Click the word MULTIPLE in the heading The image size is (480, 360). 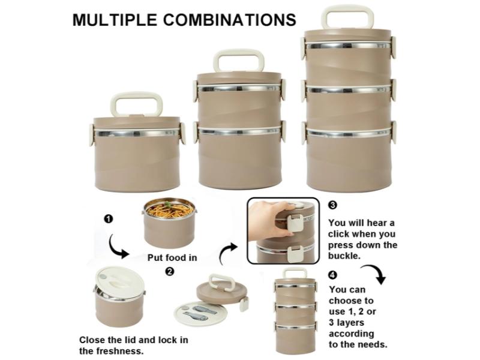point(115,20)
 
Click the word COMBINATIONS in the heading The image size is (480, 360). point(230,20)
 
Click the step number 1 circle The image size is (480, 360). point(109,219)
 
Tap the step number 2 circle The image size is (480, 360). point(169,271)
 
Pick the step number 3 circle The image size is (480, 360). point(332,205)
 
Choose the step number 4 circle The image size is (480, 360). point(333,275)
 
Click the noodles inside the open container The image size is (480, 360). point(170,211)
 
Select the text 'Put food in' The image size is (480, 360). point(172,258)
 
